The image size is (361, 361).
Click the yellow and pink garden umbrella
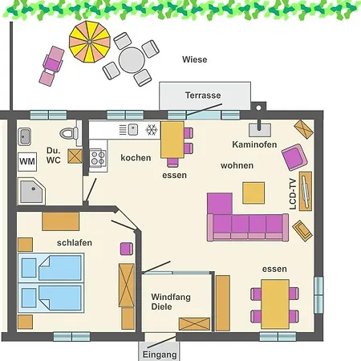pyautogui.click(x=90, y=42)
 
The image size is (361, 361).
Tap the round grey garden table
pyautogui.click(x=132, y=60)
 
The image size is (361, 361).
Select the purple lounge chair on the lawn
pyautogui.click(x=52, y=66)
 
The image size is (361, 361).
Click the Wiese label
pyautogui.click(x=195, y=59)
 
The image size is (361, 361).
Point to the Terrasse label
pyautogui.click(x=203, y=95)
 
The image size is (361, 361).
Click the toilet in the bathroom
pyautogui.click(x=69, y=133)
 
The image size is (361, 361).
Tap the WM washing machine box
pyautogui.click(x=27, y=161)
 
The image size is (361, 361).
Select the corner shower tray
pyautogui.click(x=31, y=191)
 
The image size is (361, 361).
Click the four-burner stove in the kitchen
pyautogui.click(x=98, y=158)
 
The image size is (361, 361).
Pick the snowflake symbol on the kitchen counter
pyautogui.click(x=152, y=130)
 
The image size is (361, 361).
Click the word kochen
pyautogui.click(x=136, y=158)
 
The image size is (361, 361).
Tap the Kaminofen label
pyautogui.click(x=254, y=144)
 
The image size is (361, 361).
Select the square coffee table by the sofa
pyautogui.click(x=254, y=193)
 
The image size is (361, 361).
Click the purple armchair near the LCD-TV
pyautogui.click(x=294, y=157)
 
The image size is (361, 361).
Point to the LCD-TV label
pyautogui.click(x=293, y=194)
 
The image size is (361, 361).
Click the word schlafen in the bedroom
pyautogui.click(x=75, y=242)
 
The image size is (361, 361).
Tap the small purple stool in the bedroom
pyautogui.click(x=127, y=249)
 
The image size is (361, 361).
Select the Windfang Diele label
pyautogui.click(x=171, y=302)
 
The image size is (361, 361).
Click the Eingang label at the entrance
pyautogui.click(x=160, y=355)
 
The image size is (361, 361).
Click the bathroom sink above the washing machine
pyautogui.click(x=24, y=137)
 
